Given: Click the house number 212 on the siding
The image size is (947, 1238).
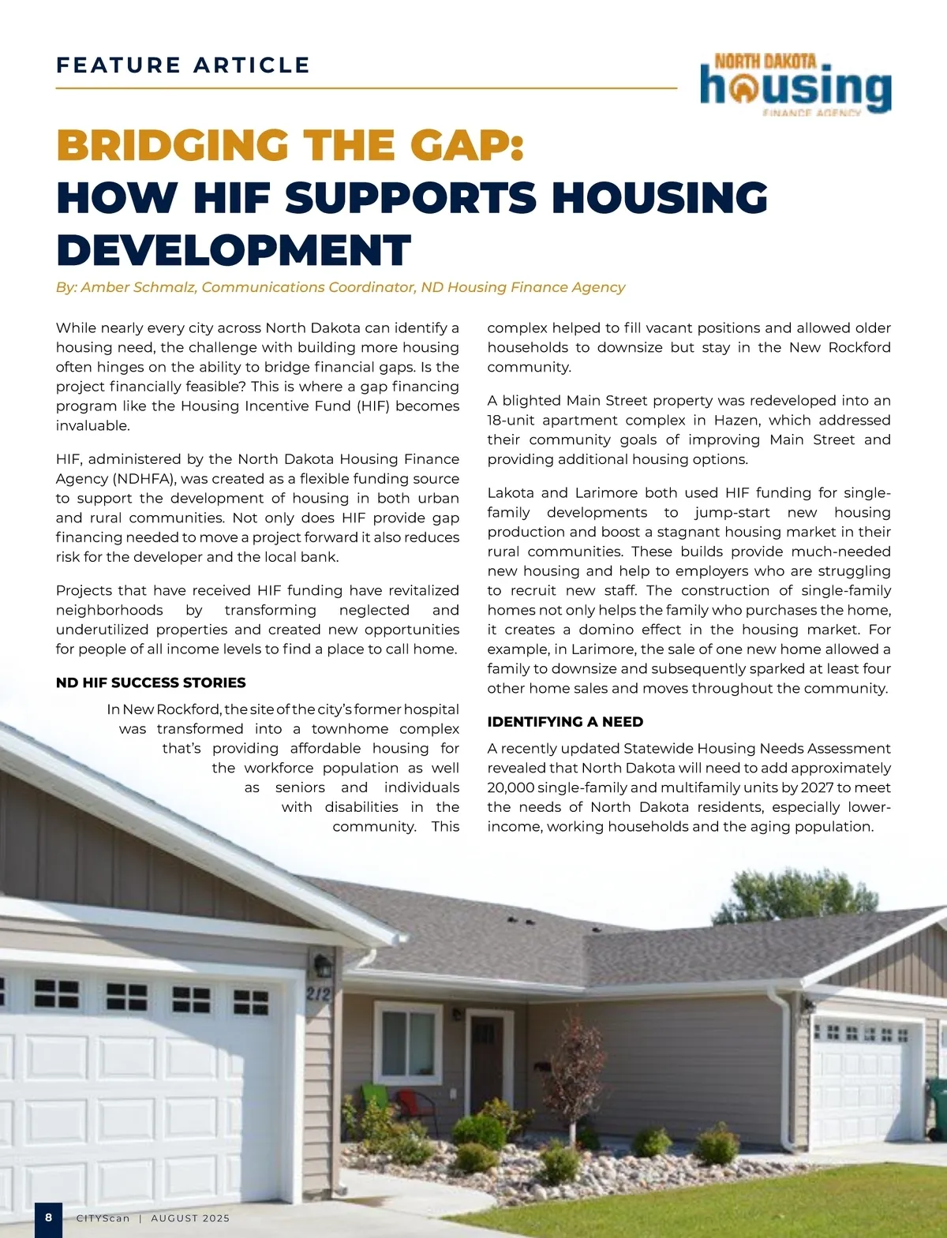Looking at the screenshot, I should tap(318, 994).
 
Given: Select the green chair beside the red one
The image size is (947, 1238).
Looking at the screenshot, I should tap(372, 1098).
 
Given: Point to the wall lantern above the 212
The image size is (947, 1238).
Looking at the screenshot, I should tap(322, 965).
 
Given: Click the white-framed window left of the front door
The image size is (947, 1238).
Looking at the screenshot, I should tap(408, 1042).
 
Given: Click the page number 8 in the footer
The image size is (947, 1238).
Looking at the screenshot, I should tap(48, 1217).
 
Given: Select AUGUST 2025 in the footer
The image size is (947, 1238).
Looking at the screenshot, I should tap(190, 1218).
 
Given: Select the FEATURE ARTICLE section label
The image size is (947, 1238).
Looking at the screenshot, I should tap(183, 65).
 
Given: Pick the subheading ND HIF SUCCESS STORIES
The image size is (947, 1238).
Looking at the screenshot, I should tap(151, 683).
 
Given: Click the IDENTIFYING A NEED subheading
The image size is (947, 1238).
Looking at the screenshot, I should tap(565, 722).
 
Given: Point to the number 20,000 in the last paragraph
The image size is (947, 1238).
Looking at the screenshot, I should tap(511, 787).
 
